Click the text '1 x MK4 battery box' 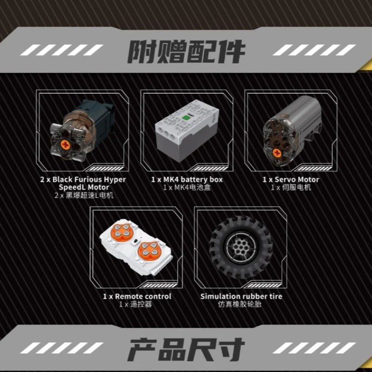click(187, 179)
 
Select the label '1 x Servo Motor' click(291, 179)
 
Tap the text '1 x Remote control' click(137, 296)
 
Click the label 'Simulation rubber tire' click(241, 296)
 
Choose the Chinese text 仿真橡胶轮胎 click(241, 305)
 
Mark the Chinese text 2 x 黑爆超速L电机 click(83, 195)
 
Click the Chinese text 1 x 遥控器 click(135, 305)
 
